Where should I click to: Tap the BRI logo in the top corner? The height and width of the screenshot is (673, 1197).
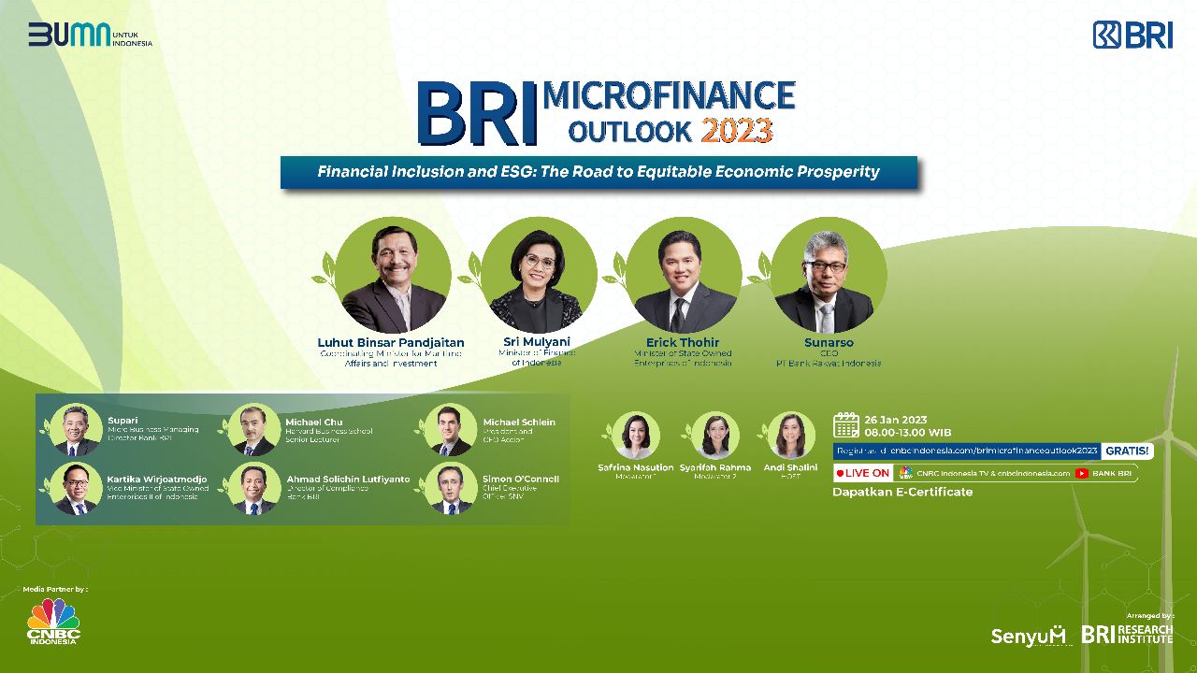[x=1132, y=35]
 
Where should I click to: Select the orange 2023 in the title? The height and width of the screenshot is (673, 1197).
[x=736, y=130]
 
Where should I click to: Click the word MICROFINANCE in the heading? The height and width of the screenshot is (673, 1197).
[x=668, y=95]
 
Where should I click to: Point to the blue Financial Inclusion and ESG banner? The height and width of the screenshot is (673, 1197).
[x=598, y=172]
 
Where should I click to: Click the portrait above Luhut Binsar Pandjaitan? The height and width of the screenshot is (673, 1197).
[x=393, y=275]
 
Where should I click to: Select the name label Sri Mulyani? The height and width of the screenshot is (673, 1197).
[x=537, y=342]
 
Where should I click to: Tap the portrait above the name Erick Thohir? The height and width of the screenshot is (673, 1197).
[x=684, y=275]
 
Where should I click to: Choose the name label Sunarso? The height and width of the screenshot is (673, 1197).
[x=829, y=342]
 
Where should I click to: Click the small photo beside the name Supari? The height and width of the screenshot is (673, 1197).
[x=77, y=430]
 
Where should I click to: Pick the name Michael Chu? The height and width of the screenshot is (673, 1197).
[x=314, y=422]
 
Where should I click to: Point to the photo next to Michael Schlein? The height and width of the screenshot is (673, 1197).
[x=451, y=430]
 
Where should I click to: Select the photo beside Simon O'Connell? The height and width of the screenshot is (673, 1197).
[x=451, y=488]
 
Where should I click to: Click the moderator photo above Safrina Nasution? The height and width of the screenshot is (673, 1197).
[x=636, y=436]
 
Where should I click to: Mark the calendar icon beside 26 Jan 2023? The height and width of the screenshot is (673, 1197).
[x=846, y=424]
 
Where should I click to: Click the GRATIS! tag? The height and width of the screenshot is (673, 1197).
[x=1128, y=451]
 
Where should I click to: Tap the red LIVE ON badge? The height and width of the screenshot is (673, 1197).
[x=862, y=473]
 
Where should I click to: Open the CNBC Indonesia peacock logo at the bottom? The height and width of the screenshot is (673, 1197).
[x=53, y=621]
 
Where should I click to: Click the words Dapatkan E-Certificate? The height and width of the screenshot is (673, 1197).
[x=902, y=492]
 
